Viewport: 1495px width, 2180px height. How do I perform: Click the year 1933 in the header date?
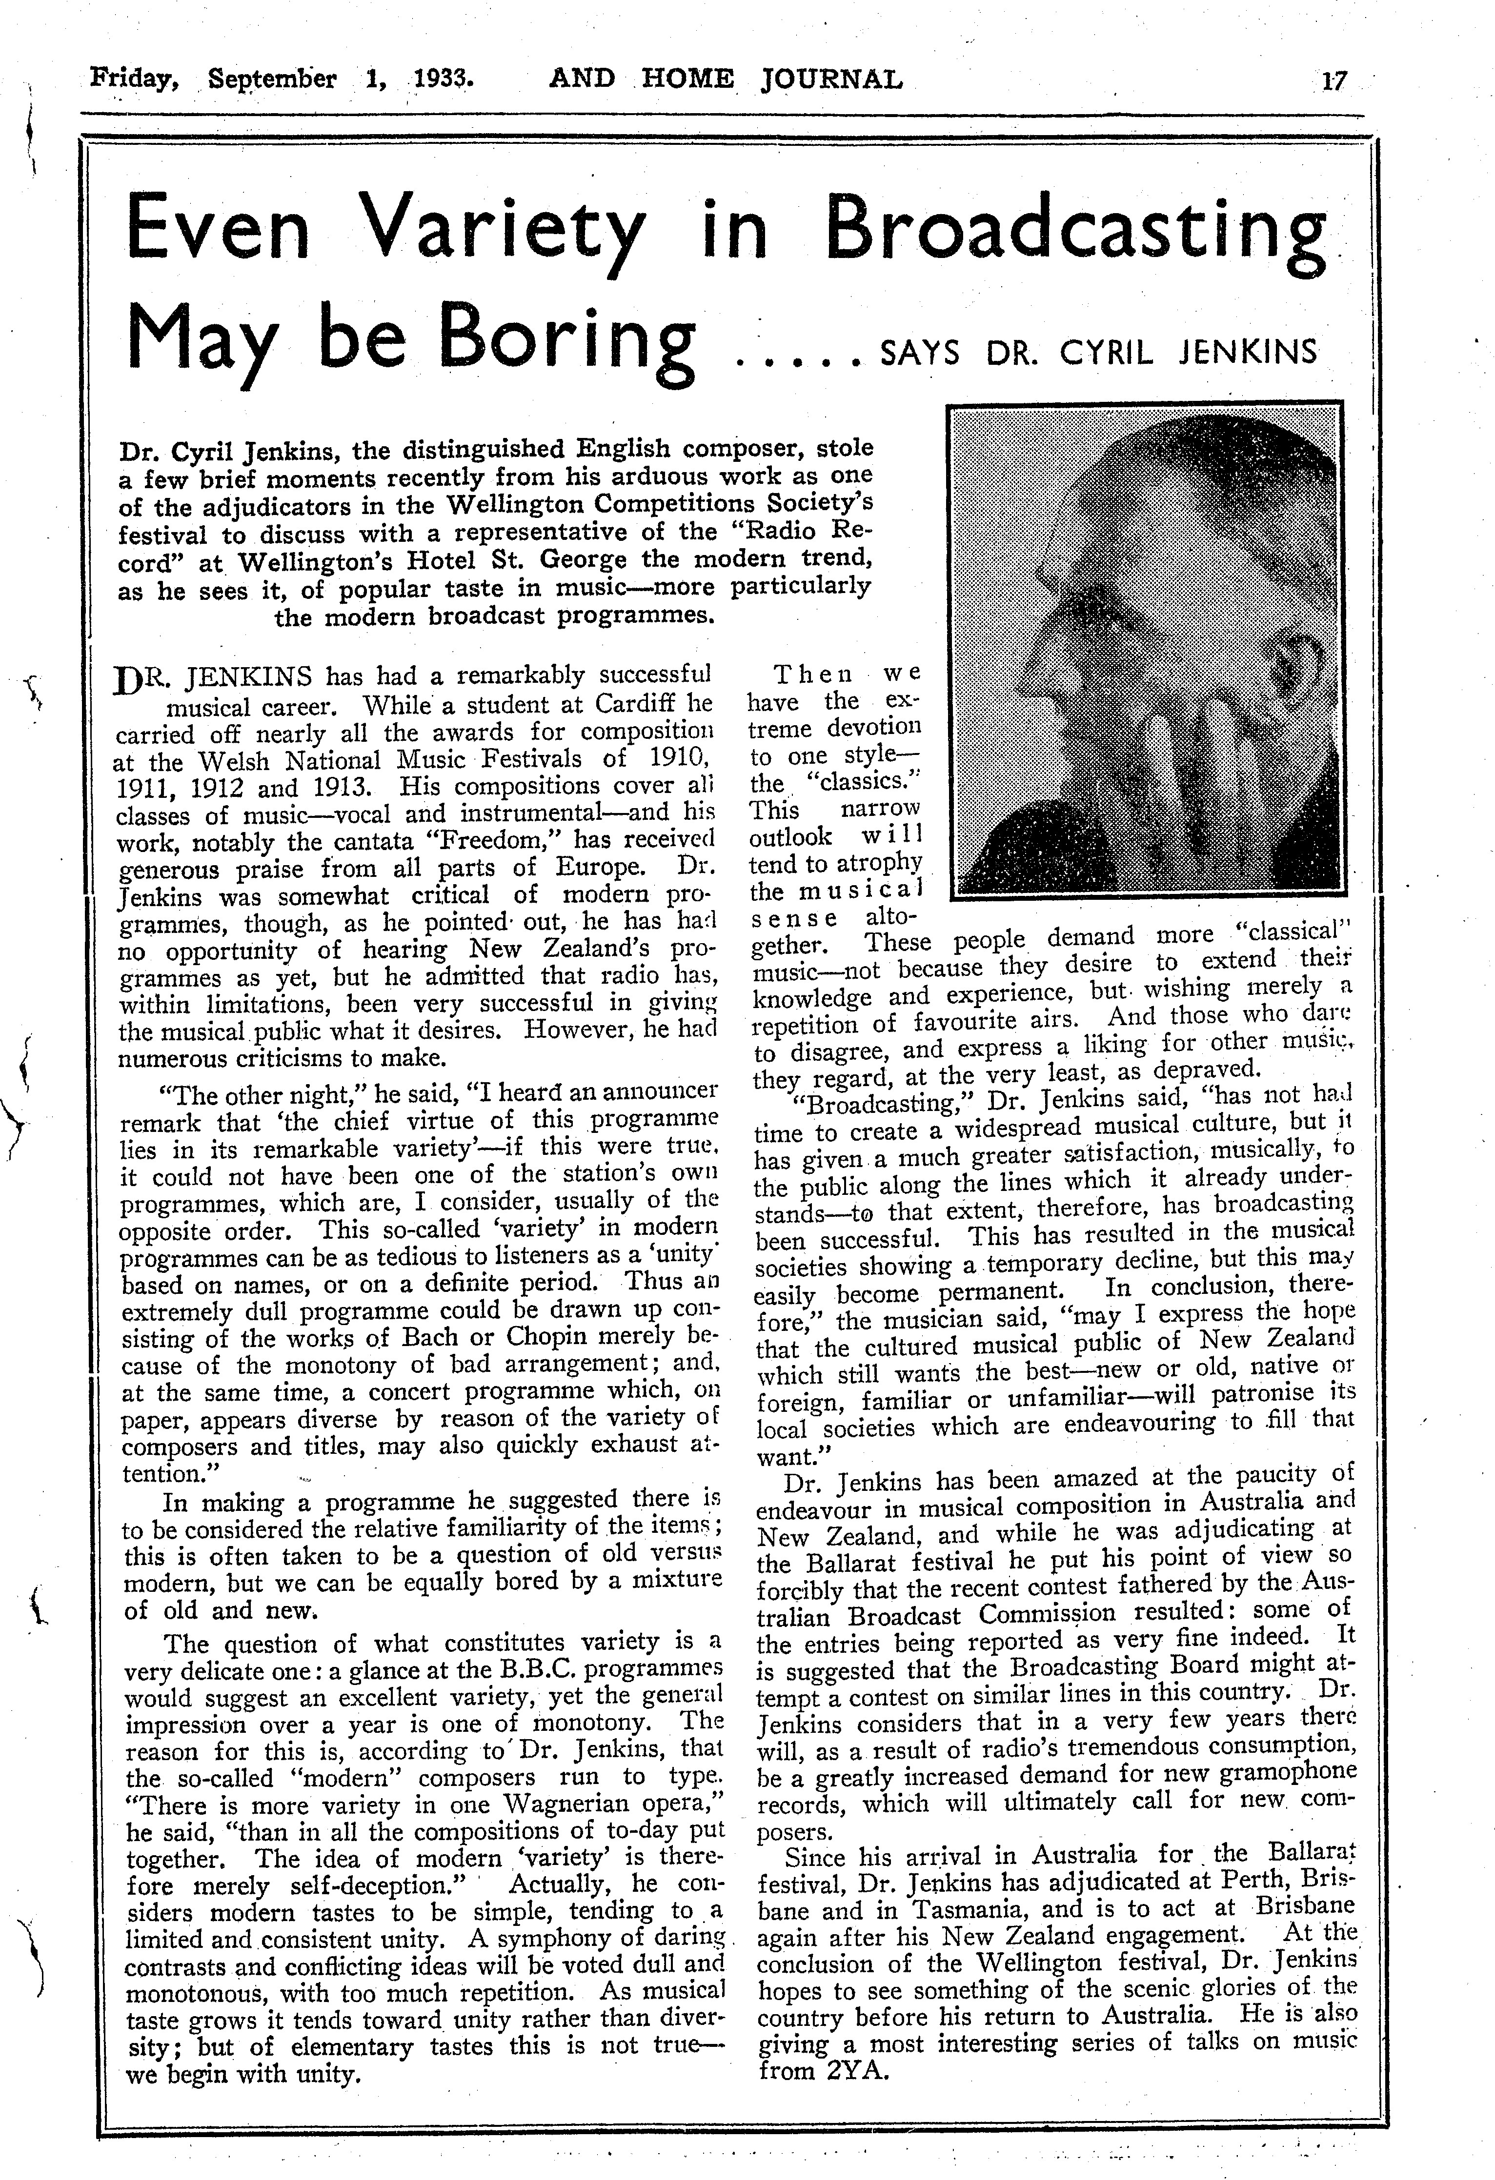tap(441, 79)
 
